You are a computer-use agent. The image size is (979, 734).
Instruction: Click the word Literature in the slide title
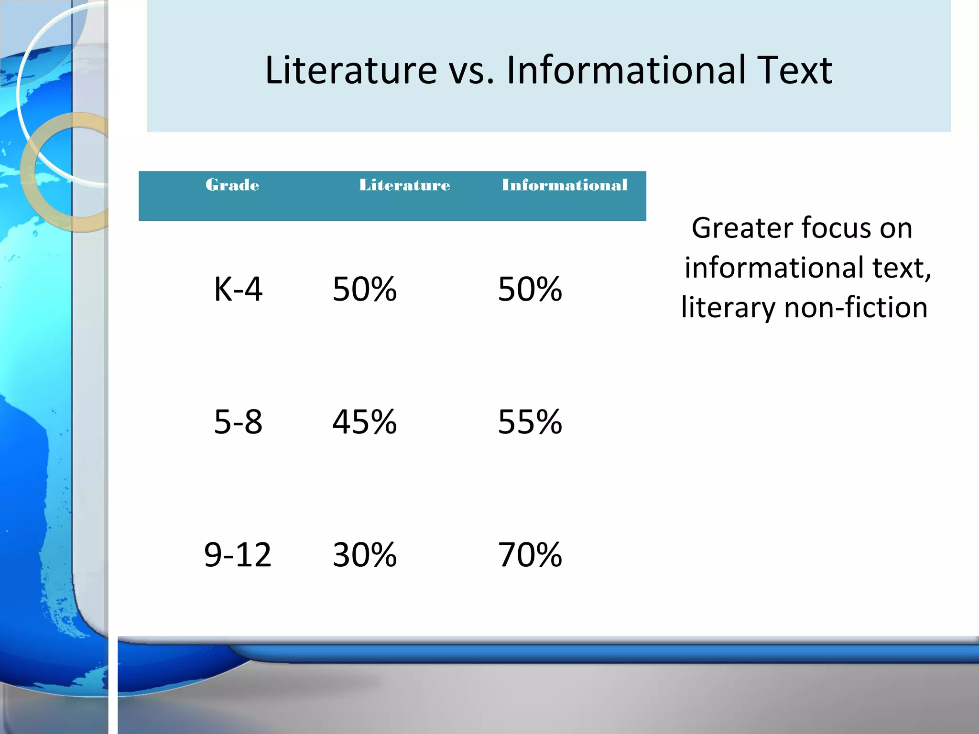351,71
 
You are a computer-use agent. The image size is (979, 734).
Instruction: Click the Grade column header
232,185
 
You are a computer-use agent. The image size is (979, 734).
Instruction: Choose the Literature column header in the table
404,185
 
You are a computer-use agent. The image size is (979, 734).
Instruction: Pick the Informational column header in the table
564,185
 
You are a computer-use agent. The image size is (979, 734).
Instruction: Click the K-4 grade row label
238,289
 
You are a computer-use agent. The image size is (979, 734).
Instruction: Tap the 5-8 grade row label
238,422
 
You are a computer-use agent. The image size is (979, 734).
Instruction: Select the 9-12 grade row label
238,555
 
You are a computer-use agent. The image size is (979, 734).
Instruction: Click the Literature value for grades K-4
364,289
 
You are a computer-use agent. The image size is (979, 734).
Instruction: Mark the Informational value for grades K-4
530,289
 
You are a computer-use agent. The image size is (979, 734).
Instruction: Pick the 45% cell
364,422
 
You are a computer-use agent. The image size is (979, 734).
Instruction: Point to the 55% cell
530,422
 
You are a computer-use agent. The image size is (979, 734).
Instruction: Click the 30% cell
364,555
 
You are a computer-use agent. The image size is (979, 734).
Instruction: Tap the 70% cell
530,555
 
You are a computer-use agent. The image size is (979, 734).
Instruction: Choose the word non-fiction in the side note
856,307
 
